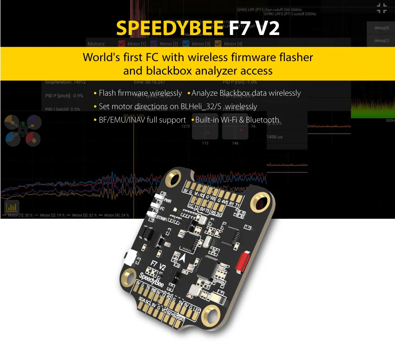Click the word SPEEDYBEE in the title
point(170,28)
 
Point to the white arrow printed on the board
point(183,258)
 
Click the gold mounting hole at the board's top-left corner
point(174,179)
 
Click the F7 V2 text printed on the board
point(158,265)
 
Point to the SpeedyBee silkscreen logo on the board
point(151,280)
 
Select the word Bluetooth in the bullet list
point(262,120)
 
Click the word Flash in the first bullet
point(107,93)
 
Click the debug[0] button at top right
point(382,28)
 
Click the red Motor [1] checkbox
point(121,44)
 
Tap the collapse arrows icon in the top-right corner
point(382,8)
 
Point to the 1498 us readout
point(274,137)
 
